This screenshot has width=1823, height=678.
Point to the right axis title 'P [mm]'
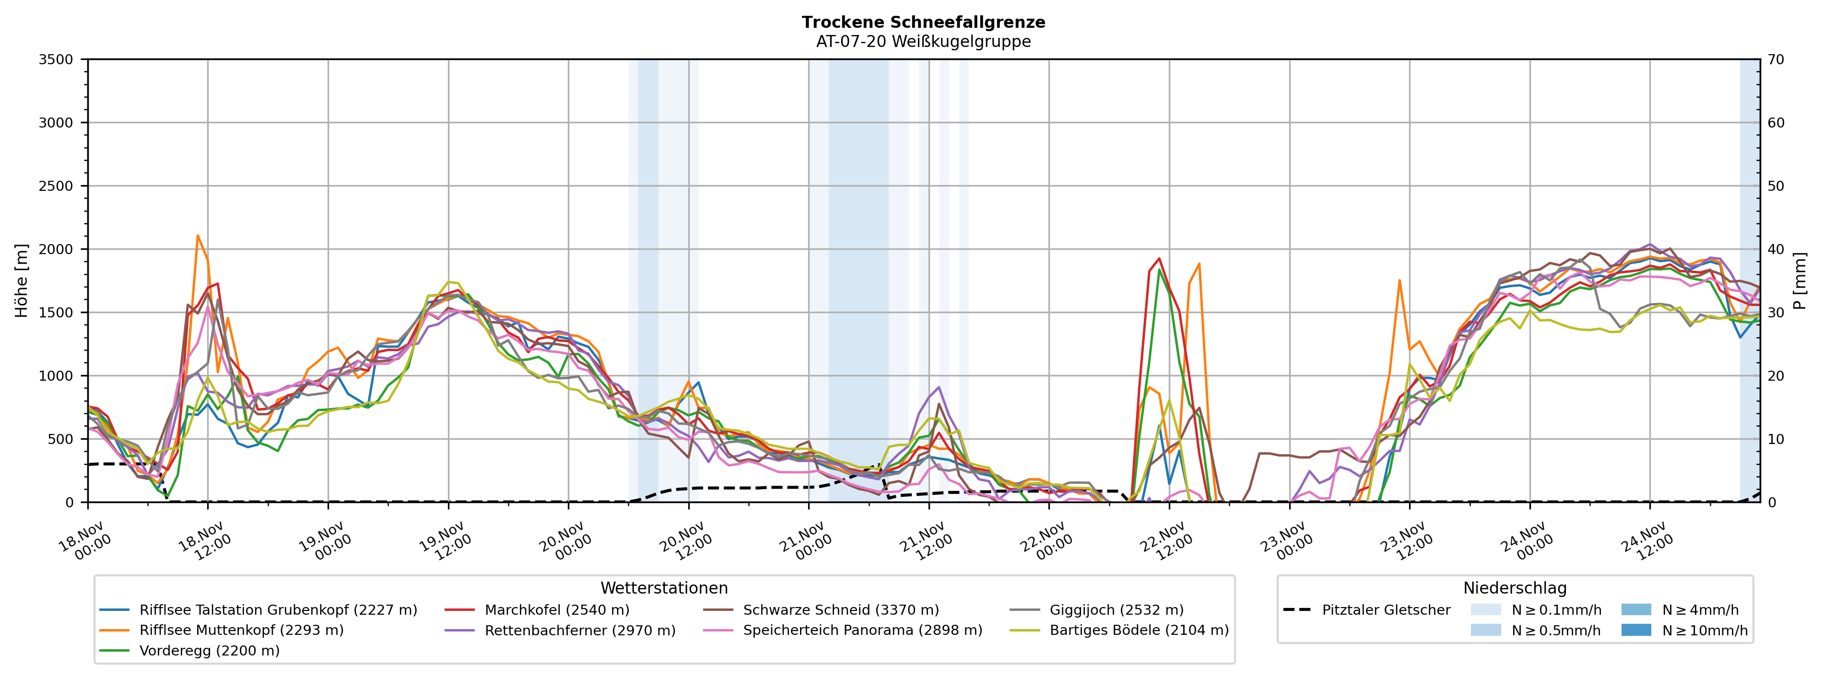(1799, 281)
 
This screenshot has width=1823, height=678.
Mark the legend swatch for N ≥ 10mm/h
(1636, 631)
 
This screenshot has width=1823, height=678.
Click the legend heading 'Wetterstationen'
(664, 588)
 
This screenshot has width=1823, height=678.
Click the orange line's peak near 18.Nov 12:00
(198, 236)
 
